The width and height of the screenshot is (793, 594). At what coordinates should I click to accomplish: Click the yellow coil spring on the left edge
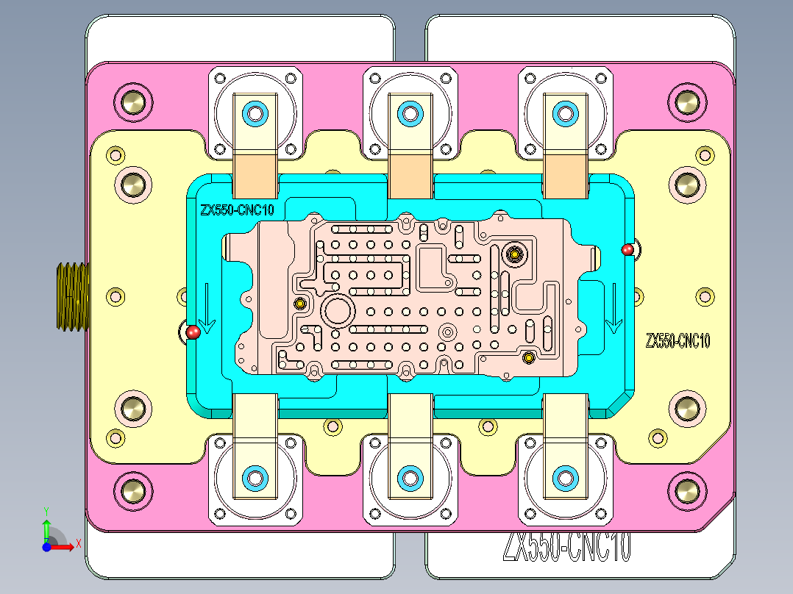pyautogui.click(x=72, y=296)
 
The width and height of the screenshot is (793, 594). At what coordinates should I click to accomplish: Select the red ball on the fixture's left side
pyautogui.click(x=193, y=332)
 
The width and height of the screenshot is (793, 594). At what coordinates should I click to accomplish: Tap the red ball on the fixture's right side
pyautogui.click(x=627, y=250)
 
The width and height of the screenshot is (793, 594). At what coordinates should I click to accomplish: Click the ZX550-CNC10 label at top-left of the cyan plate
pyautogui.click(x=237, y=210)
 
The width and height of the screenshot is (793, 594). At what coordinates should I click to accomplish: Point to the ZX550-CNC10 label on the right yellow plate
pyautogui.click(x=678, y=341)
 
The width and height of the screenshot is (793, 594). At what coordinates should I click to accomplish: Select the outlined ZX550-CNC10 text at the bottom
pyautogui.click(x=566, y=547)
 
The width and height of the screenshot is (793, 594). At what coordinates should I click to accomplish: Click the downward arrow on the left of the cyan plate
pyautogui.click(x=208, y=309)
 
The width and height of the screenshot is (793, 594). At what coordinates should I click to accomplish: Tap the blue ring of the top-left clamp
pyautogui.click(x=256, y=113)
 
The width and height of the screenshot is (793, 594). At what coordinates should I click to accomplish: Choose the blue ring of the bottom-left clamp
pyautogui.click(x=256, y=477)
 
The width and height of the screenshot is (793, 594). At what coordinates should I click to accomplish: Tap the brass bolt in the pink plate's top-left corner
pyautogui.click(x=134, y=102)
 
